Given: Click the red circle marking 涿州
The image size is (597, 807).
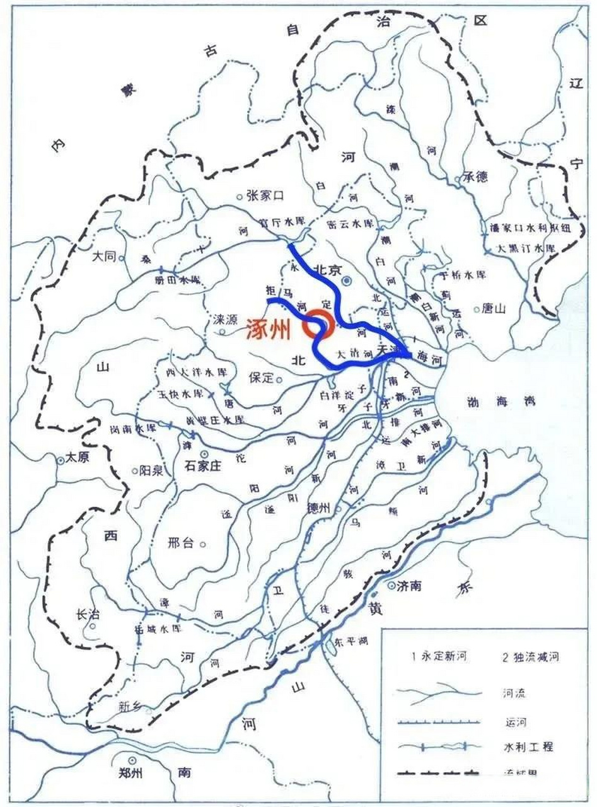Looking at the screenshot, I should click(x=317, y=325).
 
